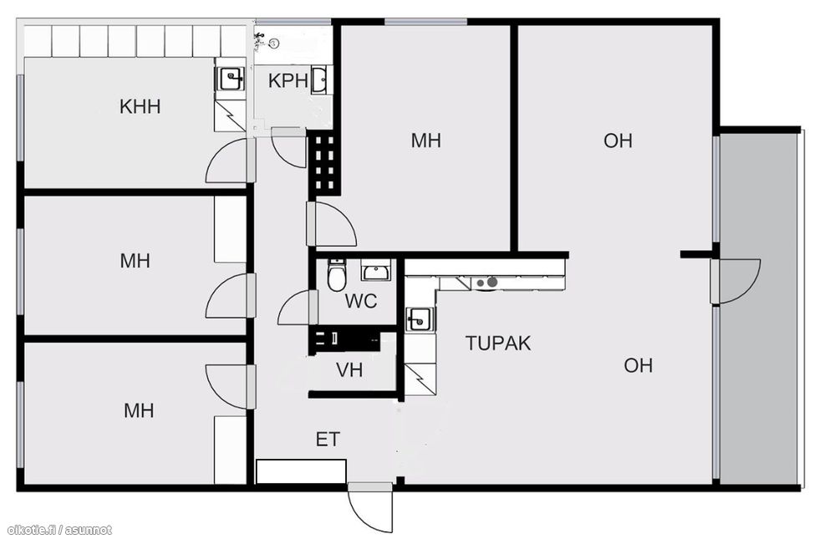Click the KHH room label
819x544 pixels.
click(140, 106)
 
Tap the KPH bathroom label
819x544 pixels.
click(287, 81)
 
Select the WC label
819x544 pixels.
click(361, 301)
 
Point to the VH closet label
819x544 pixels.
click(349, 370)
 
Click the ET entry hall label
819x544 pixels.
click(328, 440)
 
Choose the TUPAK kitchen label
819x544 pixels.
click(498, 343)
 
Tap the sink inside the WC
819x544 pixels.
click(374, 271)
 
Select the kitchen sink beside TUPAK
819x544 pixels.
click(420, 319)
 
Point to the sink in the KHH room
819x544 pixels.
click(230, 79)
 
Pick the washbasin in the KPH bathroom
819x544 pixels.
click(319, 80)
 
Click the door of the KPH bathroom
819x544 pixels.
click(288, 148)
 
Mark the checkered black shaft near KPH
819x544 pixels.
click(324, 162)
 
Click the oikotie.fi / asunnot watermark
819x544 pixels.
click(60, 531)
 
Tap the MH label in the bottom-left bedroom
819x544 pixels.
click(139, 411)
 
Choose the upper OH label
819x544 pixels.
click(618, 140)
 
